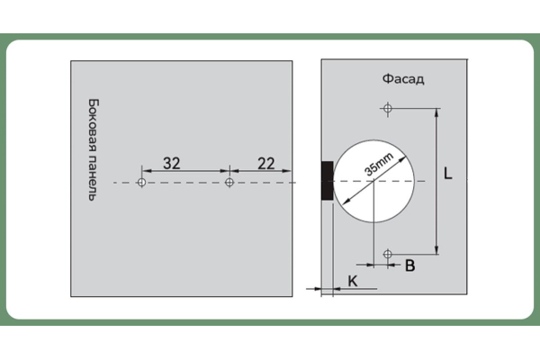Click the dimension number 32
(172, 163)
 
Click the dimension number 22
(266, 163)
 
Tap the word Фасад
(403, 79)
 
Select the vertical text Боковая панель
(93, 150)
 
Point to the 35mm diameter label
(379, 165)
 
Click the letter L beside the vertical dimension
(447, 174)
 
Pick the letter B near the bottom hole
(409, 265)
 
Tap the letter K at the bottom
(353, 281)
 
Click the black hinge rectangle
(328, 181)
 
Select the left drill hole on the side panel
(141, 182)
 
